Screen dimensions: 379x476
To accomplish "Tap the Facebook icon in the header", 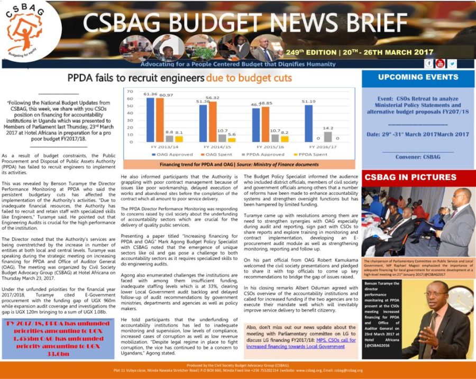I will coord(429,64).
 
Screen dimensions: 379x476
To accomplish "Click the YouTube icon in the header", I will coord(441,64).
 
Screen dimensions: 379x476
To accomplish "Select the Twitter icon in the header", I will coord(452,64).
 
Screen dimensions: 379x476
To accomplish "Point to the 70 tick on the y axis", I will coord(130,91).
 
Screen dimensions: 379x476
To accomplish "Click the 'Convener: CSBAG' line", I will coord(418,157).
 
